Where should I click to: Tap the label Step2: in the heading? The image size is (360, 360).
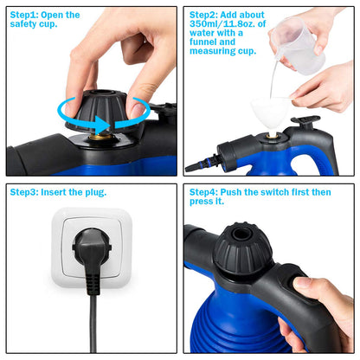[x=206, y=15]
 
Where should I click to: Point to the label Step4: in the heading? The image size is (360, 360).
[x=206, y=192]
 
